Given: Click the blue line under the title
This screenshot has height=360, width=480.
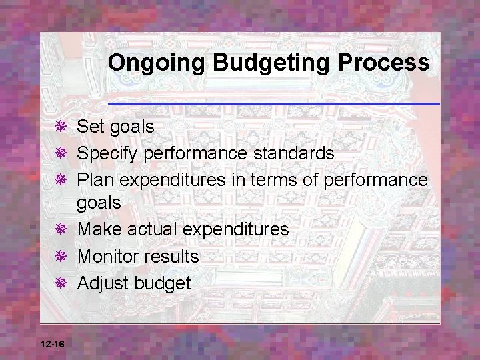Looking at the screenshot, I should click(x=273, y=104).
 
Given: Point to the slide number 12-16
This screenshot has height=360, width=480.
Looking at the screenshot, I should click(x=52, y=343).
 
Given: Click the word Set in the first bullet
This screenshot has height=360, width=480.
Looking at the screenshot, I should click(x=91, y=126).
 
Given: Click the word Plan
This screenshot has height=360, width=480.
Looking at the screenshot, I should click(x=97, y=180).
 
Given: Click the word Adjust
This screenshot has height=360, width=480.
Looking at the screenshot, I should click(x=103, y=283).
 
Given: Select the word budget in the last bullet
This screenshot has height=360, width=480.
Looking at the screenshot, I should click(x=162, y=283).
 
